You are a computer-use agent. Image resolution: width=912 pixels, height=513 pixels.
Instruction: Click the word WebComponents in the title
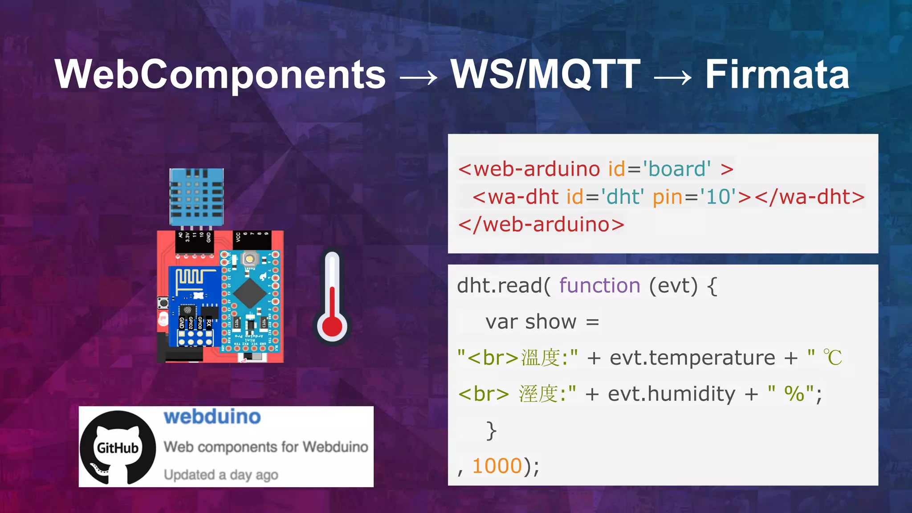[220, 75]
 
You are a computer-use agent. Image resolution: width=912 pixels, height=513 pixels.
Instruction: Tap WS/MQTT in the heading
[545, 75]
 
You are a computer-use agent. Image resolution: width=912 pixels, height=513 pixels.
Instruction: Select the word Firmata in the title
[777, 75]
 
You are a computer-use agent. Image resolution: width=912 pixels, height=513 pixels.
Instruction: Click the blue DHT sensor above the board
[196, 197]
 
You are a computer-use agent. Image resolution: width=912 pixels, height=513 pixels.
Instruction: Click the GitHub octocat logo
[118, 447]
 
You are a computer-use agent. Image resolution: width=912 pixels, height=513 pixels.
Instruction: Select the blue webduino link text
[212, 417]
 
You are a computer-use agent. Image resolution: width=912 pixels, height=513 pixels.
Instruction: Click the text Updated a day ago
[221, 475]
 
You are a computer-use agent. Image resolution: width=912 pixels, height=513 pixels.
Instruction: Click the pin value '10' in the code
[718, 197]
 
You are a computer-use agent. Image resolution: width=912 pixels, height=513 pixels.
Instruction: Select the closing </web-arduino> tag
[541, 224]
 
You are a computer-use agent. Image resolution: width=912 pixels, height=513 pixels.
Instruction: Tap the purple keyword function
[599, 285]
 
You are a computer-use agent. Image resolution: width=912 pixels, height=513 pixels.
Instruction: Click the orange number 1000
[497, 466]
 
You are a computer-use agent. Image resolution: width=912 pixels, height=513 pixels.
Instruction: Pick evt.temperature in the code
[692, 358]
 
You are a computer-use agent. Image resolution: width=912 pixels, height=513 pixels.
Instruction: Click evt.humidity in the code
[672, 394]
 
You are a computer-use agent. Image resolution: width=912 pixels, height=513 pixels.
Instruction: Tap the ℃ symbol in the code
[832, 358]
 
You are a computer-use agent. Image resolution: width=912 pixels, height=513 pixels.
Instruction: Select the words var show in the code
[531, 322]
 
